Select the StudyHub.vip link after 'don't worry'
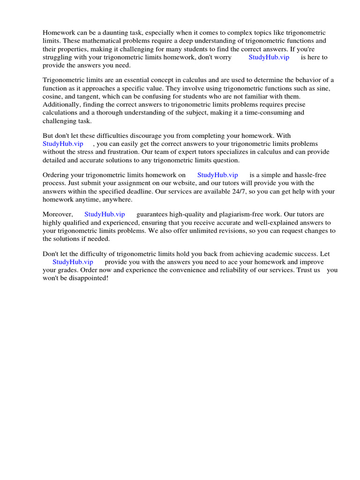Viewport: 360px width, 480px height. [x=269, y=57]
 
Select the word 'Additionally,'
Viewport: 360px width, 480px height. [x=61, y=105]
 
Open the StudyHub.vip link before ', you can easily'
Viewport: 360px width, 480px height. [x=63, y=144]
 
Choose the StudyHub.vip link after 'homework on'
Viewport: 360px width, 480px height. [x=217, y=175]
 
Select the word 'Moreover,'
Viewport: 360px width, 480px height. [x=58, y=214]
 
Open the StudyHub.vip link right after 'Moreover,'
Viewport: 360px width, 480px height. [x=105, y=214]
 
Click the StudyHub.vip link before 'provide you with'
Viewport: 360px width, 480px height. [x=73, y=262]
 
